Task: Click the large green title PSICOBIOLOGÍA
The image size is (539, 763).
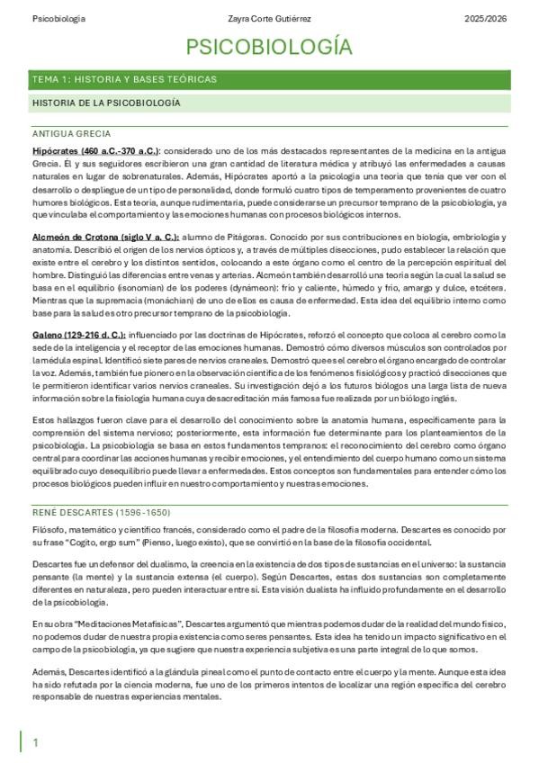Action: (x=269, y=48)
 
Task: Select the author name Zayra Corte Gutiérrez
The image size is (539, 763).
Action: (x=269, y=19)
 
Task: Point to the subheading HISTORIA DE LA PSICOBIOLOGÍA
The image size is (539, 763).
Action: (x=106, y=103)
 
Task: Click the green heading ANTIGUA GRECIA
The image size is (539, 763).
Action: (x=71, y=133)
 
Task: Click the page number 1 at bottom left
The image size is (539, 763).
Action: (x=36, y=742)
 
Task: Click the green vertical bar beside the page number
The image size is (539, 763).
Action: (x=22, y=741)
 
